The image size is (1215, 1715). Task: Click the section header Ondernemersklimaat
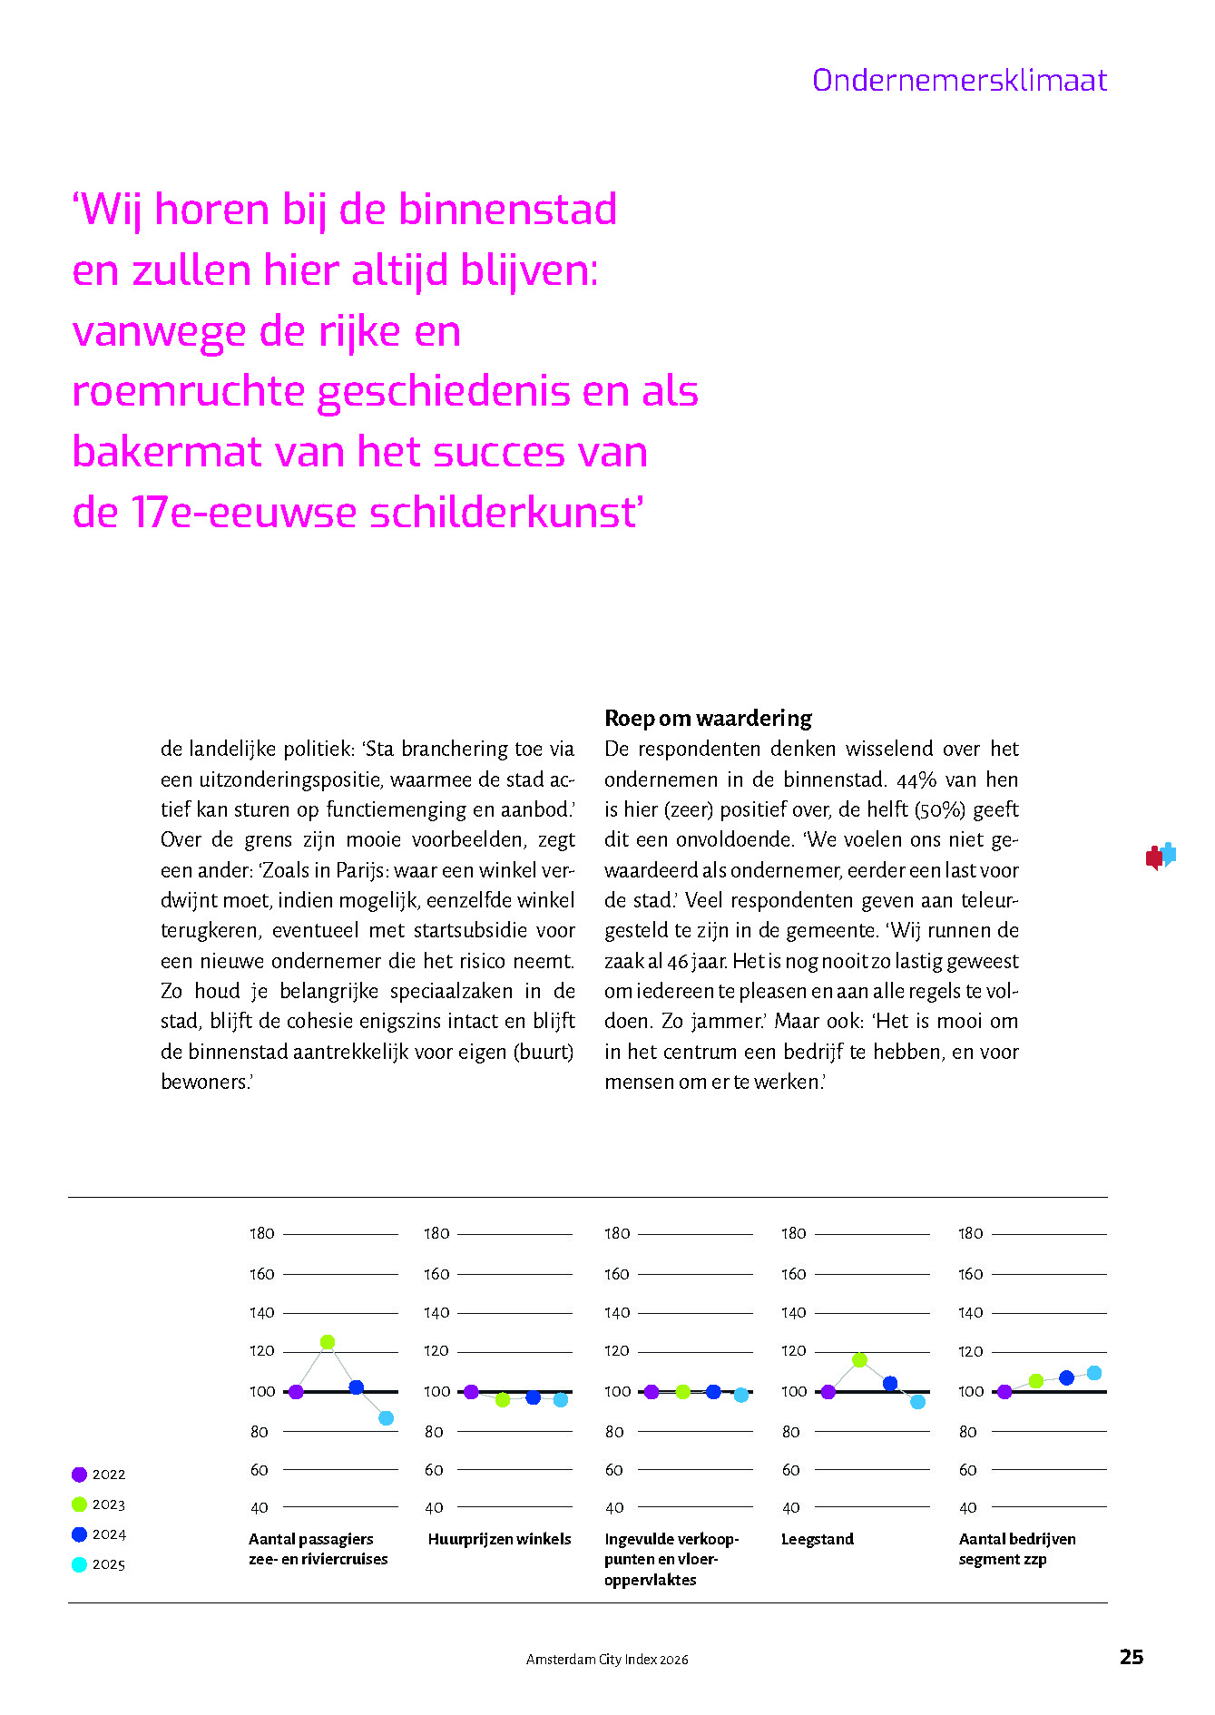[959, 81]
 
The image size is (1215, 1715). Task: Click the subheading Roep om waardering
[708, 719]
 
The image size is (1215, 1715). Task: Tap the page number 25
[1131, 1657]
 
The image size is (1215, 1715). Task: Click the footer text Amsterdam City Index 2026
[607, 1660]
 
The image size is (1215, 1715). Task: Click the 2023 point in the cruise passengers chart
[328, 1342]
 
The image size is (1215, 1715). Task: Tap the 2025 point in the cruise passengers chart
[387, 1418]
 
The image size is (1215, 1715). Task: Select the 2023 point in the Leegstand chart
[859, 1359]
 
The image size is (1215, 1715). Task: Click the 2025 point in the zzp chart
[1094, 1373]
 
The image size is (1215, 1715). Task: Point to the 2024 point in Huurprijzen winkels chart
[534, 1397]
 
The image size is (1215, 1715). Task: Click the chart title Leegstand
[818, 1539]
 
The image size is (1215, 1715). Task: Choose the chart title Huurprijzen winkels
[499, 1539]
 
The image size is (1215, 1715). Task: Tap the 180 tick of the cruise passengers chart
[262, 1234]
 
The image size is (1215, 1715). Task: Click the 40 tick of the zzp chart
[968, 1508]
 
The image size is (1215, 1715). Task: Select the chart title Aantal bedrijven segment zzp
[1016, 1549]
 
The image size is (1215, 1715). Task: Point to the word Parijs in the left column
[361, 870]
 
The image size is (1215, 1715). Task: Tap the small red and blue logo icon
[1160, 856]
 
